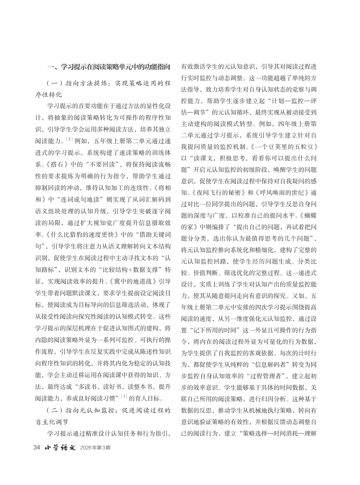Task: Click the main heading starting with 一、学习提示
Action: (x=109, y=67)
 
